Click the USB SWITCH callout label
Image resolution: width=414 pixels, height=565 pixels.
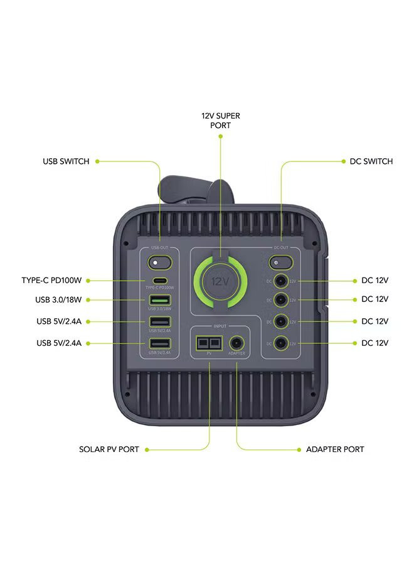coord(66,161)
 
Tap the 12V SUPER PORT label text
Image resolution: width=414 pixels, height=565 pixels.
coord(220,121)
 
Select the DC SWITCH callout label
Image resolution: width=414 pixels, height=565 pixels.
coord(371,161)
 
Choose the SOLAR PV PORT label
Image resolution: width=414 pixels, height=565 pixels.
coord(109,449)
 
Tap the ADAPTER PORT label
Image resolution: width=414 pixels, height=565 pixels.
coord(335,449)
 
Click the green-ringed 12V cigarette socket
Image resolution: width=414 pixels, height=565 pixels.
coord(221,281)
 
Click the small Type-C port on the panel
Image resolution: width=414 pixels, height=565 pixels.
coord(159,281)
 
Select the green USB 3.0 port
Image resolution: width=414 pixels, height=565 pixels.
coord(159,300)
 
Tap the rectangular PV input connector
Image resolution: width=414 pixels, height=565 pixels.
coord(210,343)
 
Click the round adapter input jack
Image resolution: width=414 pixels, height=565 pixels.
coord(237,343)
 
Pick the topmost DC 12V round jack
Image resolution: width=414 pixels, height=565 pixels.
coord(280,281)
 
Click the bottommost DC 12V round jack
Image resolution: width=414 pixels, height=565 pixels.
coord(280,343)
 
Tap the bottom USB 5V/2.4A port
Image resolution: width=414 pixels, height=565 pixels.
coord(159,343)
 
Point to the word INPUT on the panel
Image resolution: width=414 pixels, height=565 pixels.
coord(220,326)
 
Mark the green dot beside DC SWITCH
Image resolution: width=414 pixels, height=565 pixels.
coord(342,161)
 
